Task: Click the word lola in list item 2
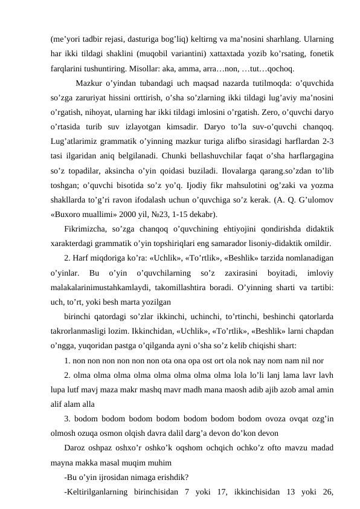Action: [x=249, y=375]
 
